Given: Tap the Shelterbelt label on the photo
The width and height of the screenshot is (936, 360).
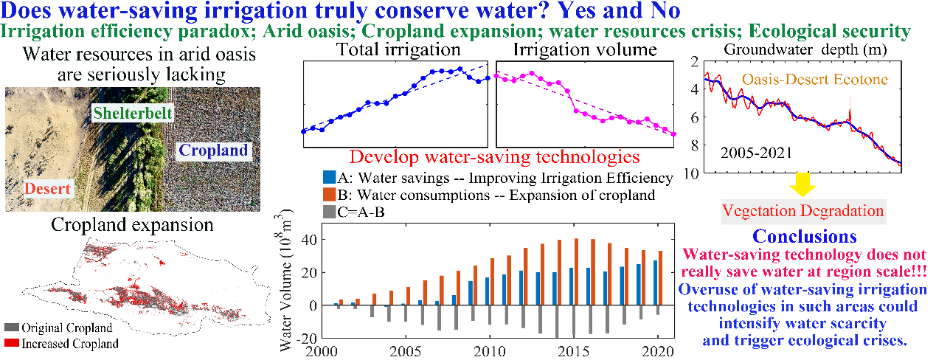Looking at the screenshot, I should coord(133,113).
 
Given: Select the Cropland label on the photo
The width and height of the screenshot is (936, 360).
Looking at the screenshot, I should coord(214,150).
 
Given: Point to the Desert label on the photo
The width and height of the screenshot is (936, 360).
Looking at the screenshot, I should coord(46,188).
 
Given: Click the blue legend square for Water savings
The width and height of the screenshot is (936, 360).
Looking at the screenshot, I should coord(329,178).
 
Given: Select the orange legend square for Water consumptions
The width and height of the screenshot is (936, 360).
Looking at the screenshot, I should coord(329,195).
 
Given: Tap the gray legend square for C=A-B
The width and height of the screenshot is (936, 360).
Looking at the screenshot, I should coord(329,212).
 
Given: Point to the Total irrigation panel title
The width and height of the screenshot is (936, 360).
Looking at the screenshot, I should coord(398,50).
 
